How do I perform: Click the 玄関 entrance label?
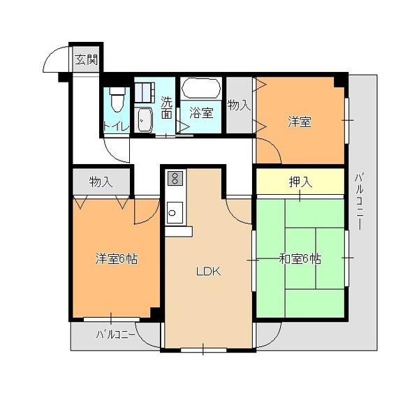(86, 60)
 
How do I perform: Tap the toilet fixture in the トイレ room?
(117, 99)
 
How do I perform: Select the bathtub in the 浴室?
(201, 89)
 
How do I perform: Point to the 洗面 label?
(166, 108)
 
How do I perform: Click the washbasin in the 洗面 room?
(143, 119)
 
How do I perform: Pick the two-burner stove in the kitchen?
(175, 177)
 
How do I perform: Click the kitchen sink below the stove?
(175, 213)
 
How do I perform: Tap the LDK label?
(208, 272)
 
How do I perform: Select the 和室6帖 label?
(300, 258)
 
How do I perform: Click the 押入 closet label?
(300, 182)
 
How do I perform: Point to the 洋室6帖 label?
(116, 258)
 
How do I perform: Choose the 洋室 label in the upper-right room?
(300, 122)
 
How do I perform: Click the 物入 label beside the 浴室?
(239, 105)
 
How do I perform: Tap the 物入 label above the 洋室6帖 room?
(101, 182)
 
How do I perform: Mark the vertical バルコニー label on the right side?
(359, 202)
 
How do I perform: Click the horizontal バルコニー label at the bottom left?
(115, 335)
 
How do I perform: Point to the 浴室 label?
(201, 112)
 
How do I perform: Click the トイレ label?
(116, 127)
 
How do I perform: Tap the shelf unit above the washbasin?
(145, 92)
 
